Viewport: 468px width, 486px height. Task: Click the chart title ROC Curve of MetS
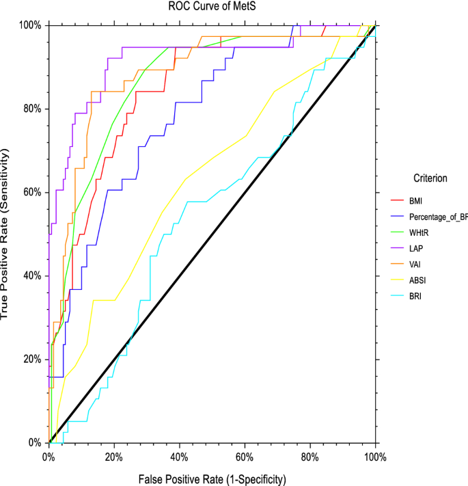point(212,7)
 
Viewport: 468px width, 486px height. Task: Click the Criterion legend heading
point(430,178)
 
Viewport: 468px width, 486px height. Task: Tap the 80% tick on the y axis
point(33,109)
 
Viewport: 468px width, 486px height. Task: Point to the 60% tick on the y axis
point(33,192)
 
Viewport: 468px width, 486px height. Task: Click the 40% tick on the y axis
point(33,275)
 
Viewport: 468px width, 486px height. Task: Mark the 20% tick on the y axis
point(33,359)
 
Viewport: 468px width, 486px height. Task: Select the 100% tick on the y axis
point(31,25)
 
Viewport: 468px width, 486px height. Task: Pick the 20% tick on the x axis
point(114,455)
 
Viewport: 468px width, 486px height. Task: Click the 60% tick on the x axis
point(245,455)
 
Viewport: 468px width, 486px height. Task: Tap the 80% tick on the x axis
point(310,455)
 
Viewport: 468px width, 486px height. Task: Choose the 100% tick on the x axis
point(375,455)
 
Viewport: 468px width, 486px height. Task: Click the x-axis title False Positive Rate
point(212,478)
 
